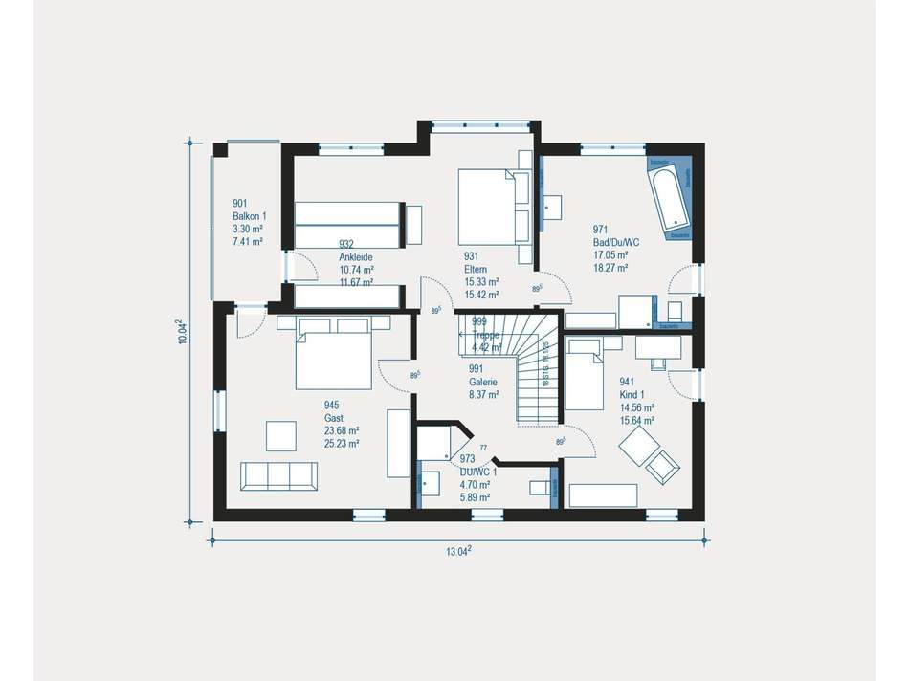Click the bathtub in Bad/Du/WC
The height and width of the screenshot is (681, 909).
click(670, 201)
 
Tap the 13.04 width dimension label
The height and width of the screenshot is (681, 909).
click(458, 550)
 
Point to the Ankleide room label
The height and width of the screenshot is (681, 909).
click(355, 257)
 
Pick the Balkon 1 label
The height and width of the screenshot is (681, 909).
click(248, 216)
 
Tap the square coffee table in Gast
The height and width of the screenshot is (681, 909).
click(283, 435)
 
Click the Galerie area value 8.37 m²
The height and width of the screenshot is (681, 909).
click(482, 393)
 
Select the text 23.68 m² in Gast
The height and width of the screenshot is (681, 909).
click(342, 430)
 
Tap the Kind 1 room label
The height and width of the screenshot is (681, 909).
click(632, 393)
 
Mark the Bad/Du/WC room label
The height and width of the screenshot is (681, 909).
click(615, 242)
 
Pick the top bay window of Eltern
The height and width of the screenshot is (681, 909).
click(480, 124)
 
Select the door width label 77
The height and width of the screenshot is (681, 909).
click(483, 448)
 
